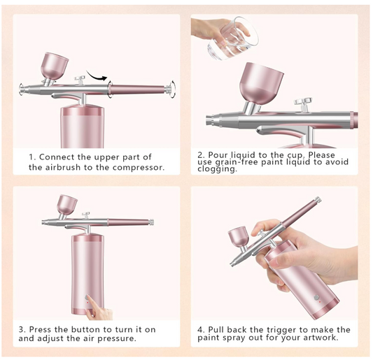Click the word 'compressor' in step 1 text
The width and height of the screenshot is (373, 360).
pyautogui.click(x=138, y=167)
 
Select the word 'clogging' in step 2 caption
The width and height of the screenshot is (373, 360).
pyautogui.click(x=217, y=168)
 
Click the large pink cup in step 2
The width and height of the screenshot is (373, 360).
pyautogui.click(x=261, y=83)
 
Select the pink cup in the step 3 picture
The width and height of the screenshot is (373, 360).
pyautogui.click(x=67, y=204)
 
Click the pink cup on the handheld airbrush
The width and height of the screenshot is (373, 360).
pyautogui.click(x=239, y=237)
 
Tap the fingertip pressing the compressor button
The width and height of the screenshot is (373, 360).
pyautogui.click(x=88, y=298)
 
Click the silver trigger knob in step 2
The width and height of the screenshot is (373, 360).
pyautogui.click(x=303, y=103)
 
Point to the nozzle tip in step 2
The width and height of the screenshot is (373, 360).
pyautogui.click(x=210, y=120)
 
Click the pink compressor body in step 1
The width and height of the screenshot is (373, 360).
pyautogui.click(x=83, y=127)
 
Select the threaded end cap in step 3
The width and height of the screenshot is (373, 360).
pyautogui.click(x=151, y=222)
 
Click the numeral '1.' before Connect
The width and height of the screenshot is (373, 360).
pyautogui.click(x=33, y=157)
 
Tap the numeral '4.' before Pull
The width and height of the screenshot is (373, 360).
pyautogui.click(x=201, y=330)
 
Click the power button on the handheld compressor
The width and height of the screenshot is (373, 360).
pyautogui.click(x=316, y=297)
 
